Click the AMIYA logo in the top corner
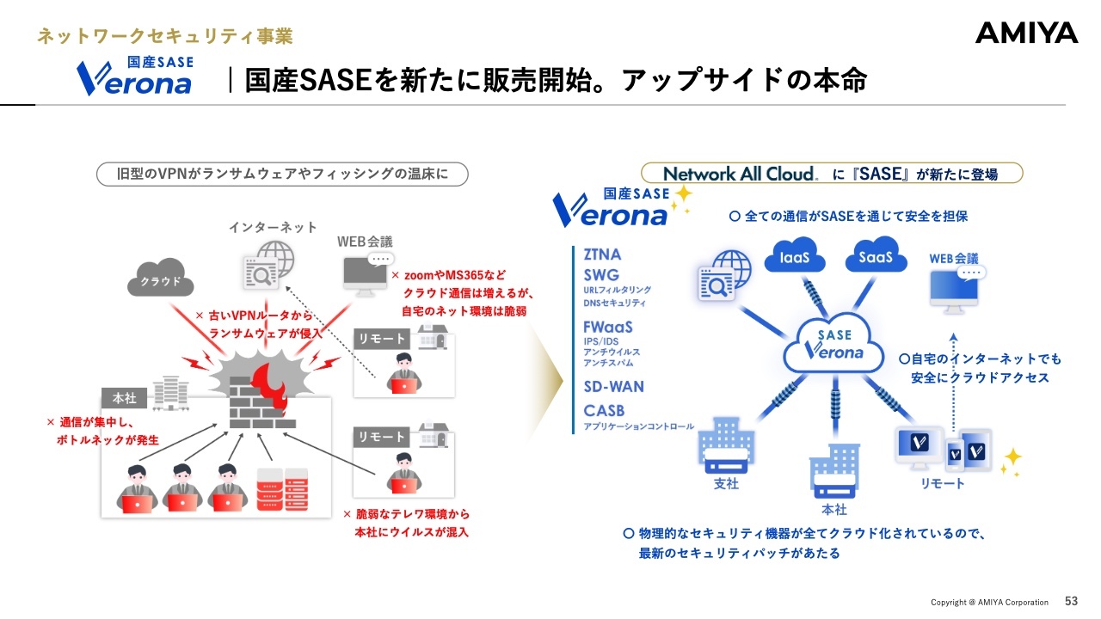coord(1026,34)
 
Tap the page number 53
coord(1071,601)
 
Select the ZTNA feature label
coord(602,254)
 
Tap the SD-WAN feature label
coord(613,386)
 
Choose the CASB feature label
coord(604,410)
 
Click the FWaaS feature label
coord(608,327)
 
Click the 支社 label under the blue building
coord(727,483)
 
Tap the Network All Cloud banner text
coord(741,174)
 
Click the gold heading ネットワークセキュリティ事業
coord(165,36)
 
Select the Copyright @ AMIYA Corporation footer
coord(989,602)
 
